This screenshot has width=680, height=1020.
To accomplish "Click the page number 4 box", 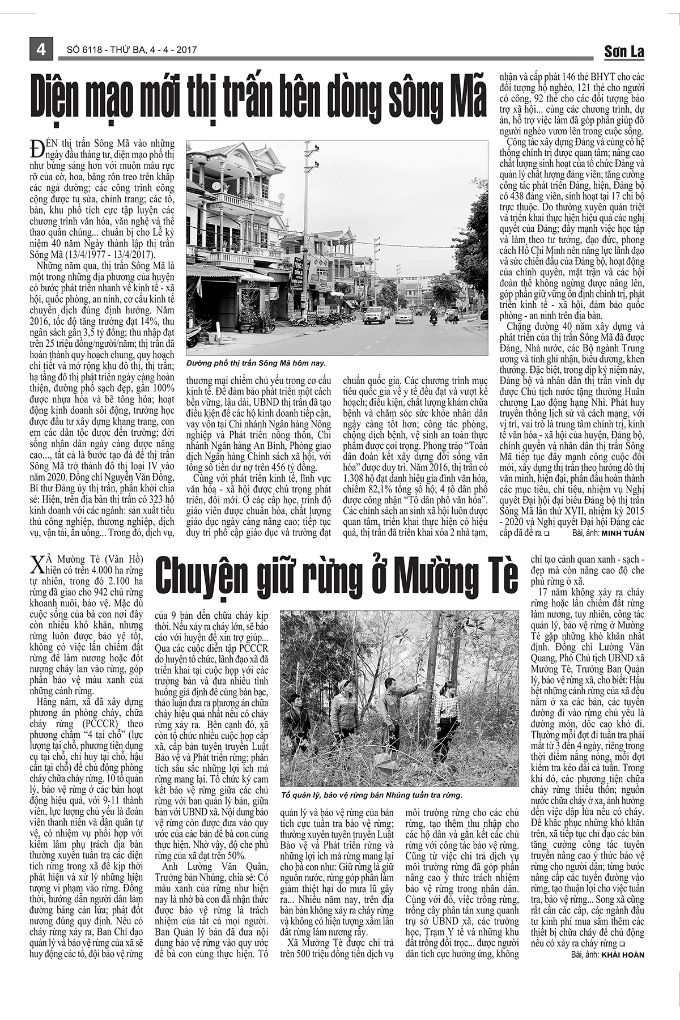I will pos(41,49).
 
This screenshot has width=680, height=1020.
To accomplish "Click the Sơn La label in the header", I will pos(624,52).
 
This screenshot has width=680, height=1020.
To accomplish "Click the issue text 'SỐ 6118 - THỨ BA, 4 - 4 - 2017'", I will pos(128,50).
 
